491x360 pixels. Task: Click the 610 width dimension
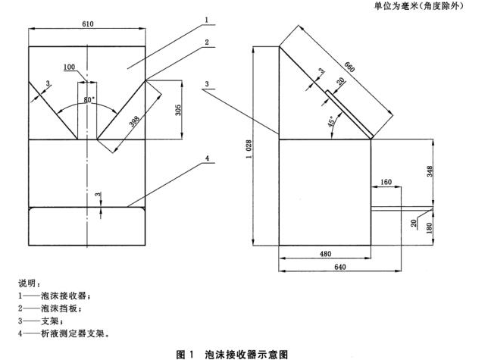coord(89,24)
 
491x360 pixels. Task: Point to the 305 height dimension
coord(176,108)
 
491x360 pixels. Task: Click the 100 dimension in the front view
coord(70,67)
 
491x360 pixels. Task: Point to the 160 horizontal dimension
coord(386,182)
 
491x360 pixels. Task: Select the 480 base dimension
coord(325,253)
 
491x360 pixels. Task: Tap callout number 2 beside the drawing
coord(205,42)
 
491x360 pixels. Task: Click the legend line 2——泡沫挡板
coord(48,308)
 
